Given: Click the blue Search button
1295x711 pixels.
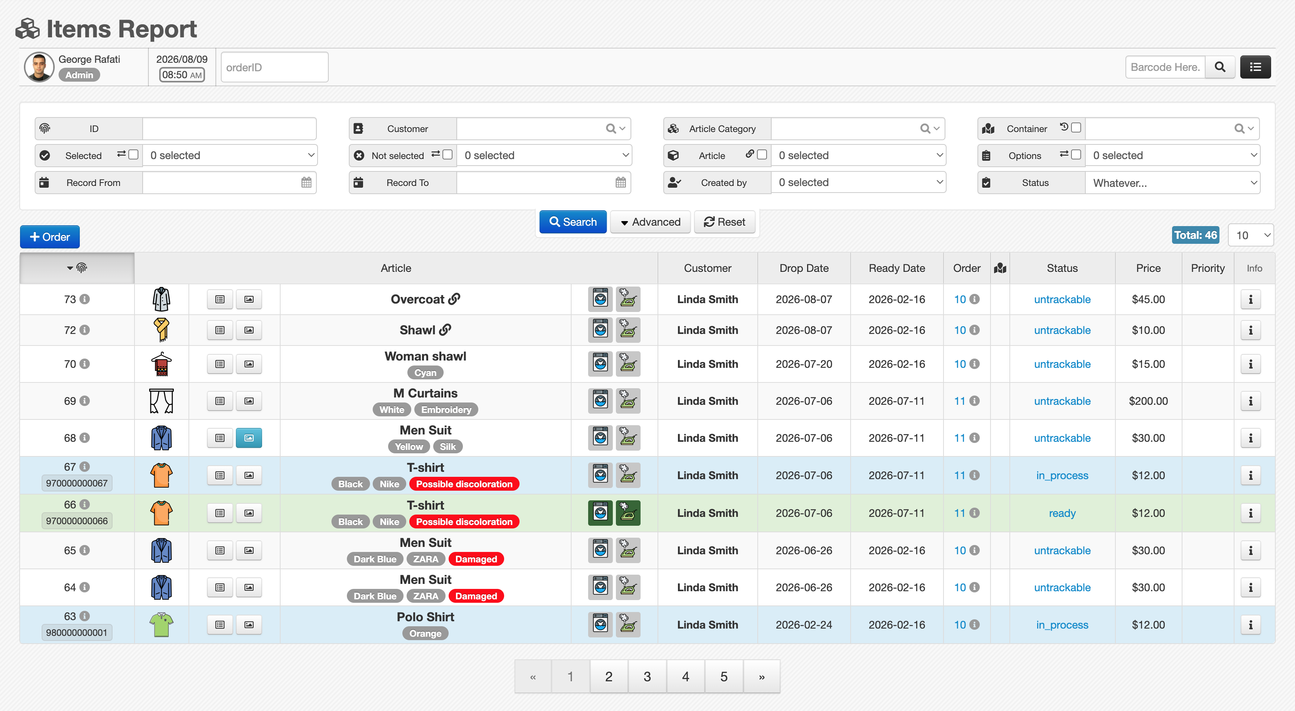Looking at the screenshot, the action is [573, 222].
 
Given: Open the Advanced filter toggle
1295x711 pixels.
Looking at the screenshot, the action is [650, 222].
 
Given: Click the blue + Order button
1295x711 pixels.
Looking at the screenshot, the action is [50, 236].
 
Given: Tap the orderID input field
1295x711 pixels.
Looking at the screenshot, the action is [274, 67].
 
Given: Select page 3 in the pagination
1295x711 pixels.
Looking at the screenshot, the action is [647, 676].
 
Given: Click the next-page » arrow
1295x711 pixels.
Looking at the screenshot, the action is [762, 676].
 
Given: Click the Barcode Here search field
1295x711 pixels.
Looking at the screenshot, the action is [1165, 67].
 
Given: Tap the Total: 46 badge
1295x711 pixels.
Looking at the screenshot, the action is [1196, 235].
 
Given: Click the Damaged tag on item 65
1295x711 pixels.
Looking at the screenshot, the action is [476, 559].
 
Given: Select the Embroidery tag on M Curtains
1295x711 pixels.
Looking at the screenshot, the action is [446, 409].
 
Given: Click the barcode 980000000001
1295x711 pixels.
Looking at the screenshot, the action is [77, 632].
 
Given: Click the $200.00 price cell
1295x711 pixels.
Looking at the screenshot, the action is [1148, 401].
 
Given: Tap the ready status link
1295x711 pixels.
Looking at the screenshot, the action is [1062, 513].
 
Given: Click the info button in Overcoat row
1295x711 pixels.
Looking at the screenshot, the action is [1250, 300].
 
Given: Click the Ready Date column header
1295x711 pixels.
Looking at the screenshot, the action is [896, 268].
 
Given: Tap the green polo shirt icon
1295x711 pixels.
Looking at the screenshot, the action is [161, 625].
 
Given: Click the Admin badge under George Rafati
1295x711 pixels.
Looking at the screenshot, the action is [79, 75].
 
